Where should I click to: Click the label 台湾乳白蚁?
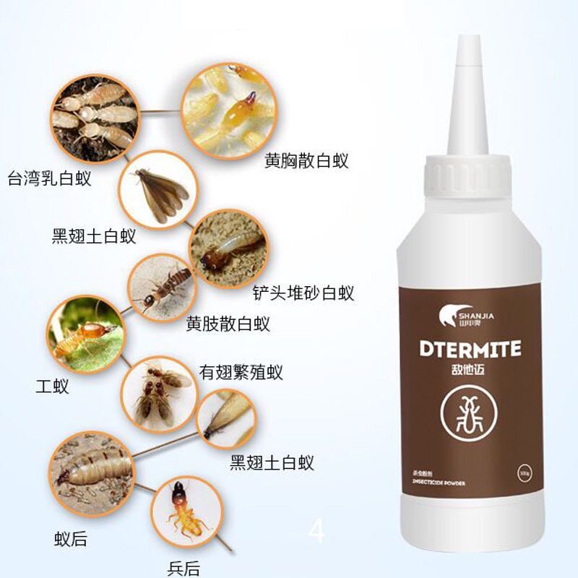click(x=50, y=178)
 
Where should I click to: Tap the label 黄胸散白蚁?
click(x=306, y=160)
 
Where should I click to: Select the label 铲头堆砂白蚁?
click(x=303, y=293)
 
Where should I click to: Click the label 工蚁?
click(x=52, y=386)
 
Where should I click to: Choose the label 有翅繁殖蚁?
click(x=241, y=372)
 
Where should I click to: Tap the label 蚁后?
click(x=71, y=538)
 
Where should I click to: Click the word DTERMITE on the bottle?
click(x=470, y=350)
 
